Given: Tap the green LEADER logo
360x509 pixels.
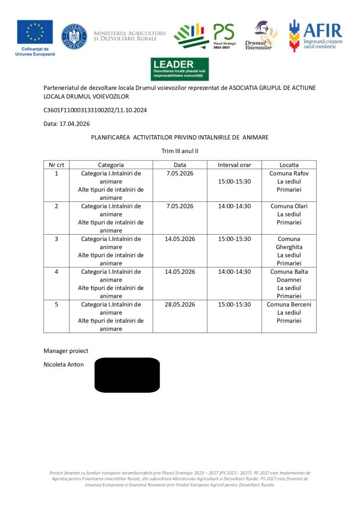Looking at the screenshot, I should coord(180,69).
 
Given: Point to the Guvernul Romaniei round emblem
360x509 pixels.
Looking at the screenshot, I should coord(74,36).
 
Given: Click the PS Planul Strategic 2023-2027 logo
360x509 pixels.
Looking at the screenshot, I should coord(204,36).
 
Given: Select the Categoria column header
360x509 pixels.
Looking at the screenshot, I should coord(110,165).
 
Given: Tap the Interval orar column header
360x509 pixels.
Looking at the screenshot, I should coord(234,165).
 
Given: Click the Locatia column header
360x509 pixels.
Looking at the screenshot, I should coord(289,165).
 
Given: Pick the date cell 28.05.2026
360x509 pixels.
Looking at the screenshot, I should coord(180,304).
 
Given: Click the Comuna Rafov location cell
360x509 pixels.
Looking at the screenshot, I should coord(289,181).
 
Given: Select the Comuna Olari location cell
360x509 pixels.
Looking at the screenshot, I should coord(289,214).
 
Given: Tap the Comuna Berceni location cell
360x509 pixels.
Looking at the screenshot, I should coord(289,312).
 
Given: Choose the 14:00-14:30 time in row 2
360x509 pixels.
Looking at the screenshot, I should coord(234,206).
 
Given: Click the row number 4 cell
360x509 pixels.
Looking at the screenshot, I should coord(56,272).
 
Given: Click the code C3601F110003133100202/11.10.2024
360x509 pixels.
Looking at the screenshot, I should coord(95,110).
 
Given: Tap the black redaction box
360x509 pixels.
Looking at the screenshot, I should coord(127,375).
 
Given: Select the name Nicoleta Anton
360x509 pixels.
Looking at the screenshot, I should coord(64,365).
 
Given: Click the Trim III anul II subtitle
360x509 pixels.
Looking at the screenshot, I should coord(180,151).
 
